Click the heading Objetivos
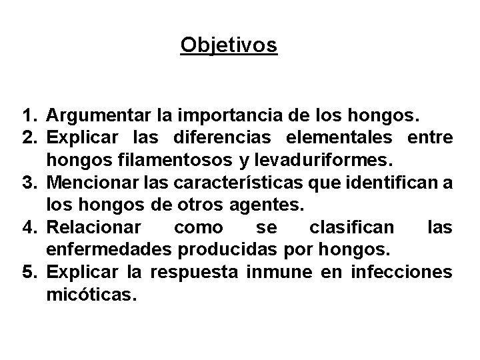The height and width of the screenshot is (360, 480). click(x=229, y=45)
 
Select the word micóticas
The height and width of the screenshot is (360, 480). click(x=91, y=294)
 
